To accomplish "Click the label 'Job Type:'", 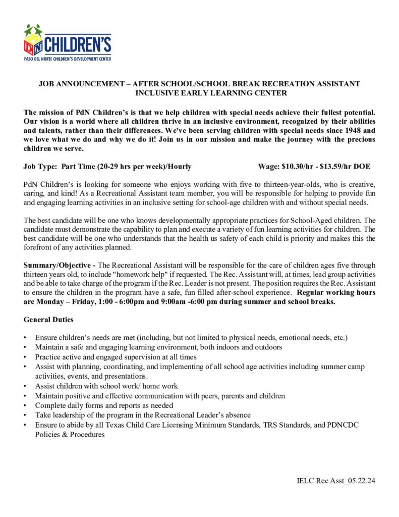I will (x=40, y=166).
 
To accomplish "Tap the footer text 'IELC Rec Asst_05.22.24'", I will (x=336, y=481).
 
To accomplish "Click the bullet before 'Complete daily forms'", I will (x=25, y=405).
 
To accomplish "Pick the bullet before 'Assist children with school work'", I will (x=25, y=386).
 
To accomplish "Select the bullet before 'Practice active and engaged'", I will (x=25, y=357).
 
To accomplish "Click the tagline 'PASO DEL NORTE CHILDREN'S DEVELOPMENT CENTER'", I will (x=67, y=59).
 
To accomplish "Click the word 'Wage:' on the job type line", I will (x=268, y=166).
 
